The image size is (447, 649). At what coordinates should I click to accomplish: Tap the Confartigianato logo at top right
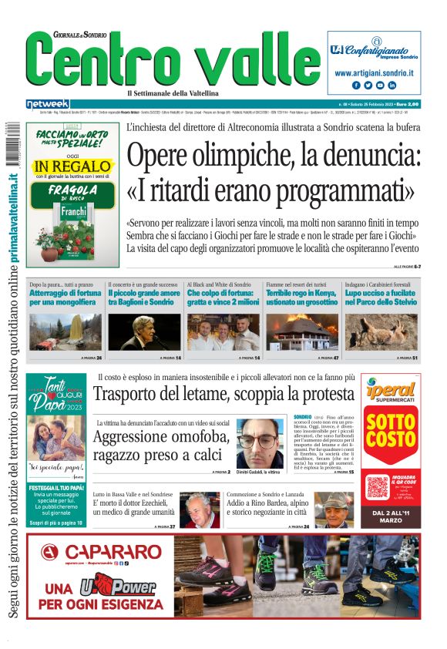click(x=375, y=48)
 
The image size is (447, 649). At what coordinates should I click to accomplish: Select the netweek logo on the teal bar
click(x=47, y=103)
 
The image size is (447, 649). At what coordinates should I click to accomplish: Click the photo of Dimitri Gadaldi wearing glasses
click(x=260, y=442)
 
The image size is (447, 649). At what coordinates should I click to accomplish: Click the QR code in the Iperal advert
click(x=378, y=486)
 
